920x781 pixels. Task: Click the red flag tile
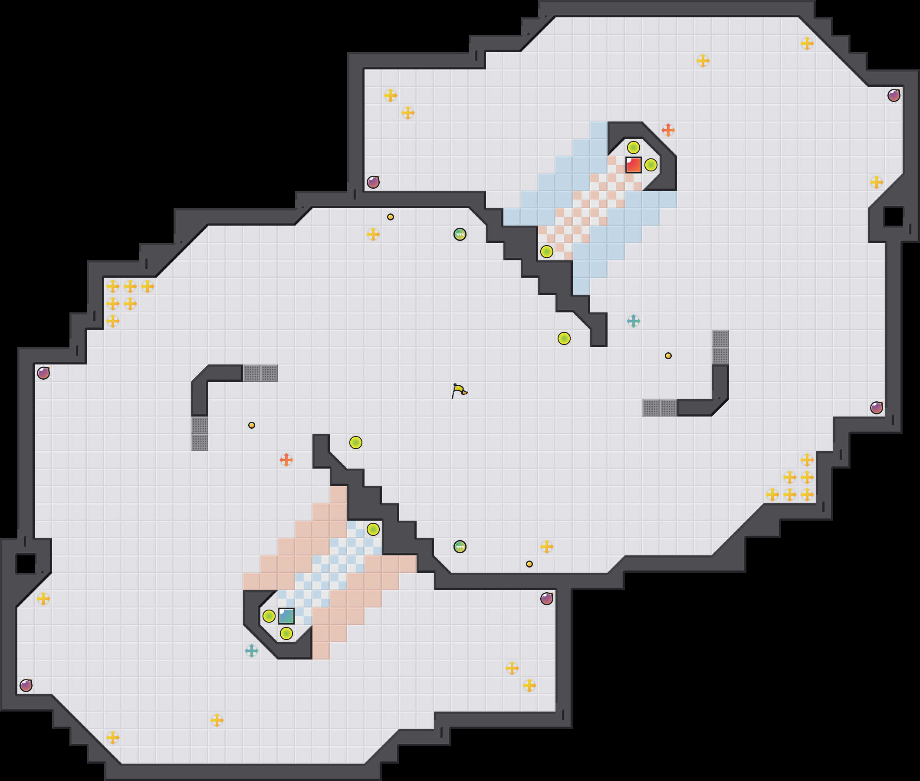point(633,165)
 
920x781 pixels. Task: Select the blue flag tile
point(286,616)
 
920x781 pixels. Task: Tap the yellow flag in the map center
point(459,390)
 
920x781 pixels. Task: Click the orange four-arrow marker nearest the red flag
point(668,130)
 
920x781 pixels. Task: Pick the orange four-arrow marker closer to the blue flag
point(286,459)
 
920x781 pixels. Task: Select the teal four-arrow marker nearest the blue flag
point(251,650)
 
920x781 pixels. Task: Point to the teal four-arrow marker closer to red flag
point(633,321)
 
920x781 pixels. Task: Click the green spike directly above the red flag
point(633,147)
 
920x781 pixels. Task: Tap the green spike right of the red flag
point(651,165)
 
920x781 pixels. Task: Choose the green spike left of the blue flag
point(269,616)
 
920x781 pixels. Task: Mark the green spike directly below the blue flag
point(286,633)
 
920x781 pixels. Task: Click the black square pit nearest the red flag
point(894,217)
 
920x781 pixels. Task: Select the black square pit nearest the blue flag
point(26,564)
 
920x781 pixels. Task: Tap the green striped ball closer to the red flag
point(460,234)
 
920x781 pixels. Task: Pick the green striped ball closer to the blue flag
point(460,546)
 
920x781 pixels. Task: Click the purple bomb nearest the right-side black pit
point(894,95)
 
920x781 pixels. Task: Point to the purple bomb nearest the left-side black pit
point(26,686)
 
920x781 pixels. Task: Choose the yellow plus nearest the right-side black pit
point(876,182)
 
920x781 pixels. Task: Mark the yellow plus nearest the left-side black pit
point(43,599)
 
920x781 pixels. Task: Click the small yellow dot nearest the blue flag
point(251,425)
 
